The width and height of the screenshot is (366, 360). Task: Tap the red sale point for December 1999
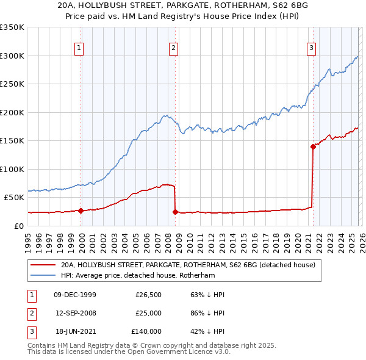81,211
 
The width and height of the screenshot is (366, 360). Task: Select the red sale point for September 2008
175,212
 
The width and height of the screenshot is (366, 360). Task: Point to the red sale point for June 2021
313,146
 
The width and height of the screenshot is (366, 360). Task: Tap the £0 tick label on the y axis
19,226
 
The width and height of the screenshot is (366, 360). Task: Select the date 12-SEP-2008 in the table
75,313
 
